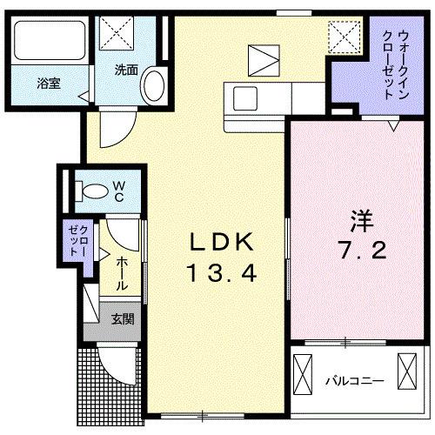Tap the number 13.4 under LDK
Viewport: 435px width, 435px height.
pos(220,275)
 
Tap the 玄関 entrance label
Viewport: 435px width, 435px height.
pos(122,319)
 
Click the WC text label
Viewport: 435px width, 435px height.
pos(118,191)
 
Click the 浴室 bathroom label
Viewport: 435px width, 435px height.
pos(48,84)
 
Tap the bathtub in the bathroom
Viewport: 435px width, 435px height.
pos(48,41)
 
